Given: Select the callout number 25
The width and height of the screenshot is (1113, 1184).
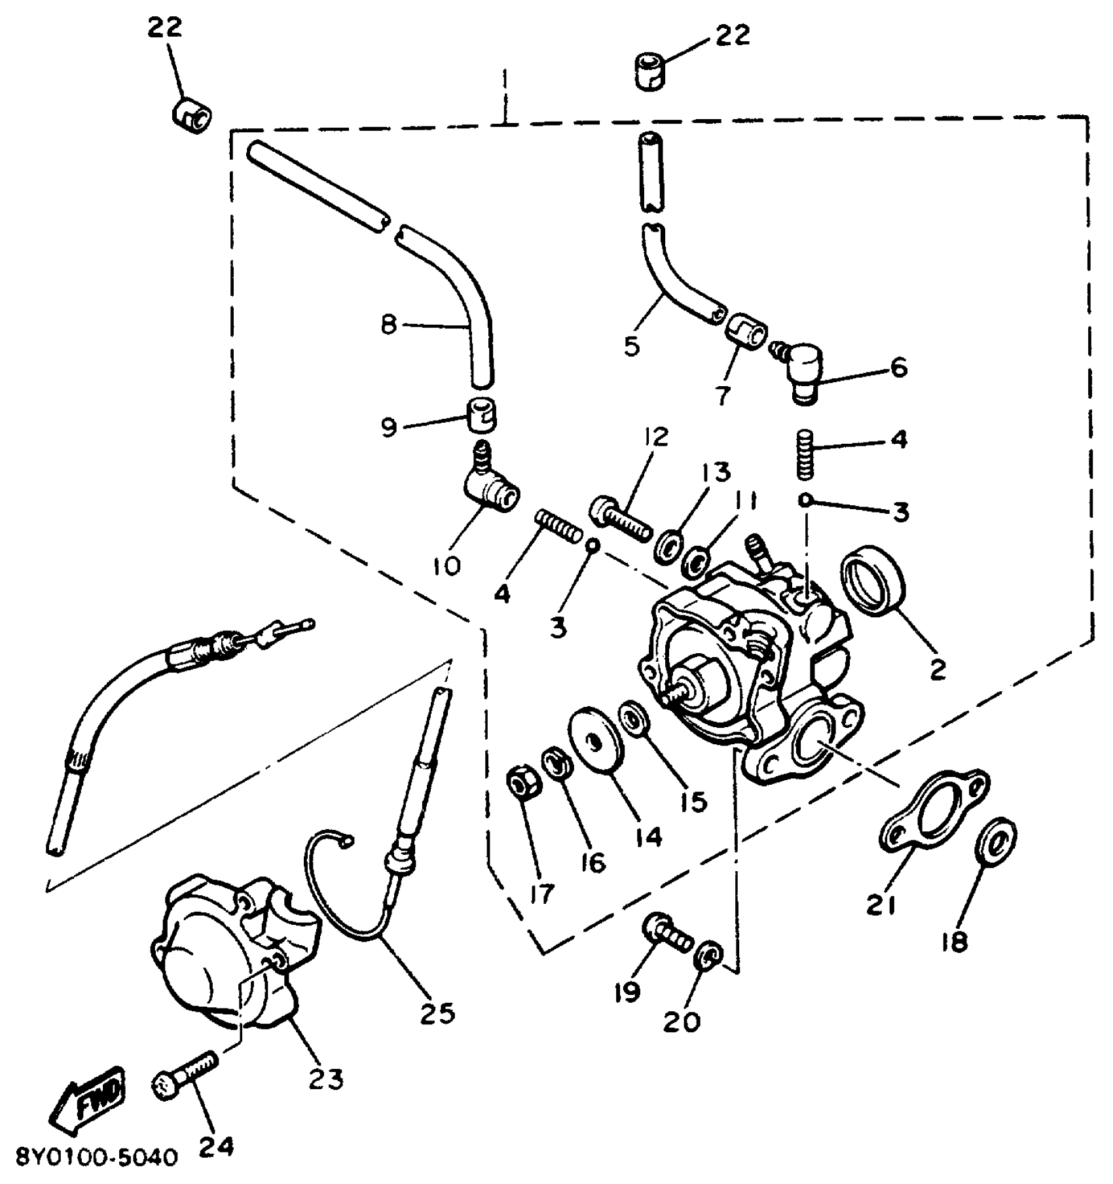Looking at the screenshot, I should click(437, 1013).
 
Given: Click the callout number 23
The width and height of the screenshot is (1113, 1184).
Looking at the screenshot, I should click(326, 1078).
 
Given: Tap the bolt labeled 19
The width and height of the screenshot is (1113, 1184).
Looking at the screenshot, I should click(668, 932).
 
